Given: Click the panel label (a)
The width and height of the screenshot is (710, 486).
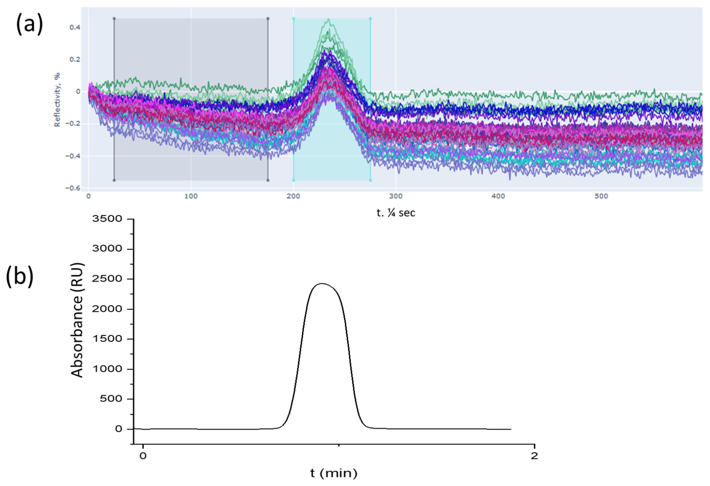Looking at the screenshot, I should pos(29,25).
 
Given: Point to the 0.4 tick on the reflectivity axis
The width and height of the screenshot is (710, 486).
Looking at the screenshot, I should pos(75,27).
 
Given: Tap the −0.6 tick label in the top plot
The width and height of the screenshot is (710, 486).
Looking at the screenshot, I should pos(73,188).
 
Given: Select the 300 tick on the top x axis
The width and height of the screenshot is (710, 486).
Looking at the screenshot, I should pos(396,196).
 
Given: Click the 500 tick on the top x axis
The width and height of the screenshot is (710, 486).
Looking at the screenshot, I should pos(601,196).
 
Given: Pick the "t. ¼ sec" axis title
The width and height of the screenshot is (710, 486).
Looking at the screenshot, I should pos(396,213).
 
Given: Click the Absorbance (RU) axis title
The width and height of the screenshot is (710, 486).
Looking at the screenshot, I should pos(77,320).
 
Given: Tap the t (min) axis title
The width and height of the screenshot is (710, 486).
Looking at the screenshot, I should pos(334,473).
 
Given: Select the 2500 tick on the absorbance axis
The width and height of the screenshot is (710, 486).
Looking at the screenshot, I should pos(107,279).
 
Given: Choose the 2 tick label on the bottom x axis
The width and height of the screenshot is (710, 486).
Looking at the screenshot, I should pos(534,456).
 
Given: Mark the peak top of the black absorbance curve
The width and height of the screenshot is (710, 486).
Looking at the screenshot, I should pos(322,284).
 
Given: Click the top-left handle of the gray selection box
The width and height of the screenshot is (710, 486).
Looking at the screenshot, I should pos(114,19).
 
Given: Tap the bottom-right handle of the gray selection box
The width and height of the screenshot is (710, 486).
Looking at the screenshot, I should pos(268,180).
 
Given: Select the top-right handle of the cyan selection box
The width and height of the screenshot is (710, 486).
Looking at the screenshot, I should pos(371,19).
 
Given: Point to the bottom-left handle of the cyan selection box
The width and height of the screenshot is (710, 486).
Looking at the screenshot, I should pos(293,180).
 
